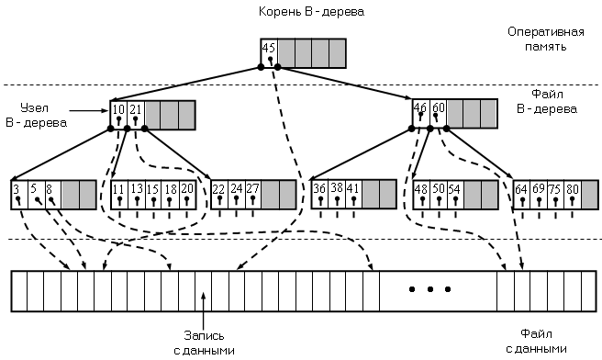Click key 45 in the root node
[x=269, y=48]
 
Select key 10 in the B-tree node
[x=118, y=110]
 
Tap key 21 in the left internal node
[x=135, y=110]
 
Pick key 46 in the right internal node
[x=420, y=107]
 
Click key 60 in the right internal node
[x=438, y=107]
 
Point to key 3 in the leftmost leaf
[x=17, y=189]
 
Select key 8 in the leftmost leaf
[x=50, y=189]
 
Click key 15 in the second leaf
[x=153, y=189]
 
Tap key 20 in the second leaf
[x=186, y=189]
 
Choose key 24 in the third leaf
[x=236, y=188]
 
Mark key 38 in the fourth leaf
[x=337, y=188]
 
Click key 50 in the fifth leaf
[x=438, y=188]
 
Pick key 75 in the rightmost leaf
[x=555, y=189]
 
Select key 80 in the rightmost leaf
[x=572, y=189]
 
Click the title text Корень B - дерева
[x=311, y=12]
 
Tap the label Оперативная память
[x=546, y=39]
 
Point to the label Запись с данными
[x=204, y=343]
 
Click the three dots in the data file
[x=429, y=289]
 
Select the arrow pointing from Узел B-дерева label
[x=89, y=111]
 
